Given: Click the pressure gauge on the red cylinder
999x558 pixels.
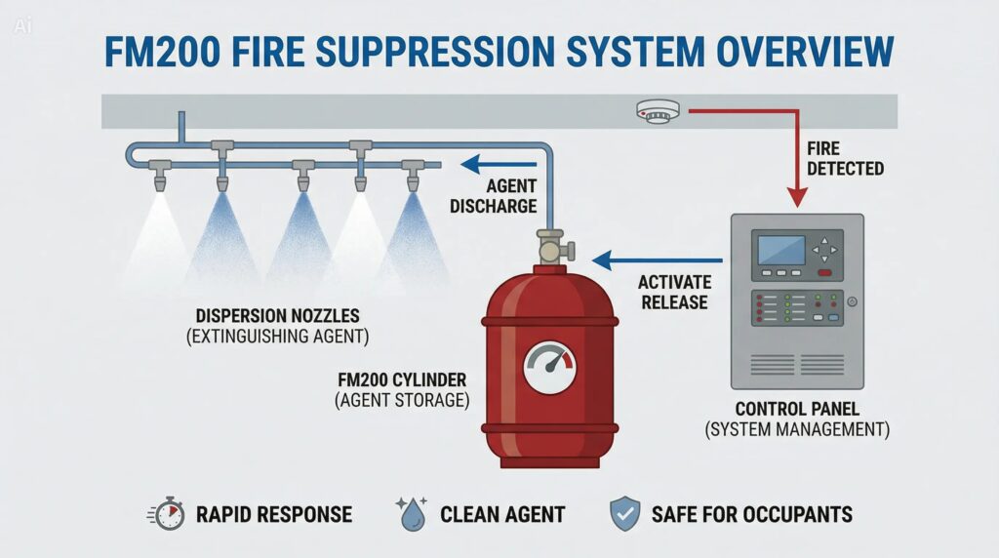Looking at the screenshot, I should tap(549, 368).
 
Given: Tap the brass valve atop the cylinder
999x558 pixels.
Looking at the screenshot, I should tap(552, 245).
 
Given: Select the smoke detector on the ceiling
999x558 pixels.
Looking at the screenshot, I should tap(656, 112).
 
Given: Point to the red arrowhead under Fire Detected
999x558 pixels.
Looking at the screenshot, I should tap(797, 199).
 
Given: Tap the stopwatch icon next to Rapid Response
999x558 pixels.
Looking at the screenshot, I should tap(169, 513).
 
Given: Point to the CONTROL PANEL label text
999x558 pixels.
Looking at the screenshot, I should tap(796, 409).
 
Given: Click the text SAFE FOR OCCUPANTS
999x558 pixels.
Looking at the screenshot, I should tap(752, 513).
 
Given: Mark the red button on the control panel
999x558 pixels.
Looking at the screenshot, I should tap(824, 273).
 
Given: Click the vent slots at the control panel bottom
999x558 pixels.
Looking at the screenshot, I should tap(796, 365).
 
